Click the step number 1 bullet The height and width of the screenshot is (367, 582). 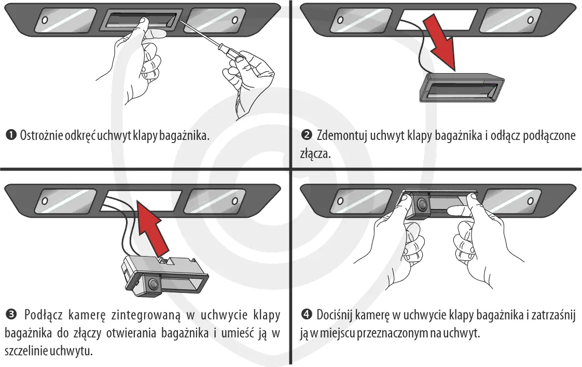pos(11,135)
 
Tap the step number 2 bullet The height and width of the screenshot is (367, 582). pos(307,135)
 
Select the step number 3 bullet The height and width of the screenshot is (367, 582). pos(11,315)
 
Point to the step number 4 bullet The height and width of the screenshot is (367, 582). pos(307,315)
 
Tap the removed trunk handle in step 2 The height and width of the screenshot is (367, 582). pos(461,88)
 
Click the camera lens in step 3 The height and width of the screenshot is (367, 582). pos(154,284)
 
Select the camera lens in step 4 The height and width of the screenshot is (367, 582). pos(422,204)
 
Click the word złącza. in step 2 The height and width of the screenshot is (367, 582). pos(315,153)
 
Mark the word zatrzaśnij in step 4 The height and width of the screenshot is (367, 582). pos(553,315)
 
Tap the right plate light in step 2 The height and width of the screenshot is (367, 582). pos(510,20)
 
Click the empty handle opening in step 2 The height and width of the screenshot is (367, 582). pos(436,20)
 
